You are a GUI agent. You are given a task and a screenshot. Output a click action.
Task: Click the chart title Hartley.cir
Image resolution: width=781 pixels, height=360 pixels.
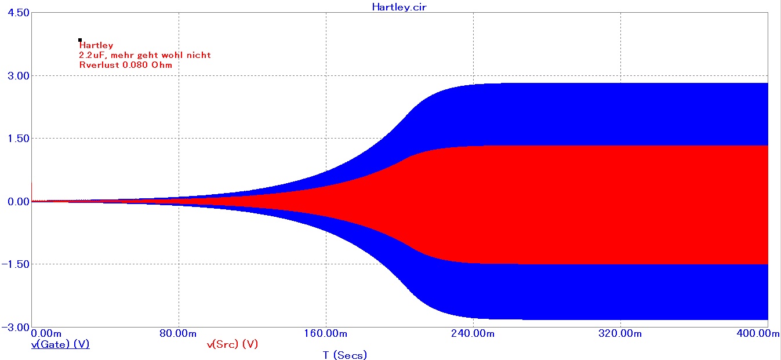399,7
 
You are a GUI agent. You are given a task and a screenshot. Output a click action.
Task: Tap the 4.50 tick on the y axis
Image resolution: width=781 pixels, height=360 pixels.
16,13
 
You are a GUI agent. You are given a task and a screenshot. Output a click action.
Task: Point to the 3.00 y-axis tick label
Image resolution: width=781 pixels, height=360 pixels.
16,76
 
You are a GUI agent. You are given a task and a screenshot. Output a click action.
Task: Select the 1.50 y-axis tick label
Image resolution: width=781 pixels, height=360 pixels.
16,139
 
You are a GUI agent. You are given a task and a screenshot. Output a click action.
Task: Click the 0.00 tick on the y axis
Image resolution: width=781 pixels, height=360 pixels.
16,201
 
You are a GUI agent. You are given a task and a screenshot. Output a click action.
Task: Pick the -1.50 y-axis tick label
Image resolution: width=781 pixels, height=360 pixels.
14,264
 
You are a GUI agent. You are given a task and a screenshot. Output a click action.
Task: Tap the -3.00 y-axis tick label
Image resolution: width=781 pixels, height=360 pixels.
14,327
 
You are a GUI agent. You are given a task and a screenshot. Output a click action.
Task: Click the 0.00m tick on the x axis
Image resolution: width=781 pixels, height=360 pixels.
45,333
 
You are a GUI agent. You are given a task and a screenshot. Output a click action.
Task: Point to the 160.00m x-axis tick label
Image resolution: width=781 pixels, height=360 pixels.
326,333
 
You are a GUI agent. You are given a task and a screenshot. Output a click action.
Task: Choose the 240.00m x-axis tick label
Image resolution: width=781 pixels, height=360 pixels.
473,333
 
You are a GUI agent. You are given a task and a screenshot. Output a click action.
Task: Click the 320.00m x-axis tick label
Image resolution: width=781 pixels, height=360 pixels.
620,333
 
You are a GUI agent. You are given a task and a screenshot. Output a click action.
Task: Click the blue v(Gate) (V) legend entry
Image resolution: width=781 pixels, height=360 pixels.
60,344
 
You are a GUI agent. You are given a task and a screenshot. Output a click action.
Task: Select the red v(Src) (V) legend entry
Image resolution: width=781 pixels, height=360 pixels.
232,344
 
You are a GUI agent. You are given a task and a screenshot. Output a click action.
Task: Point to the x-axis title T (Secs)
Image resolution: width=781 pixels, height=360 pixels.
344,355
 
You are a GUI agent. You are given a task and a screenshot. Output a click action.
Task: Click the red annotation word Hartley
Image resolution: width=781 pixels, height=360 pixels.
96,45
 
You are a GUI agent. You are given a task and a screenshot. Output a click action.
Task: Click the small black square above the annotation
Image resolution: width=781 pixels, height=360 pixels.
80,40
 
